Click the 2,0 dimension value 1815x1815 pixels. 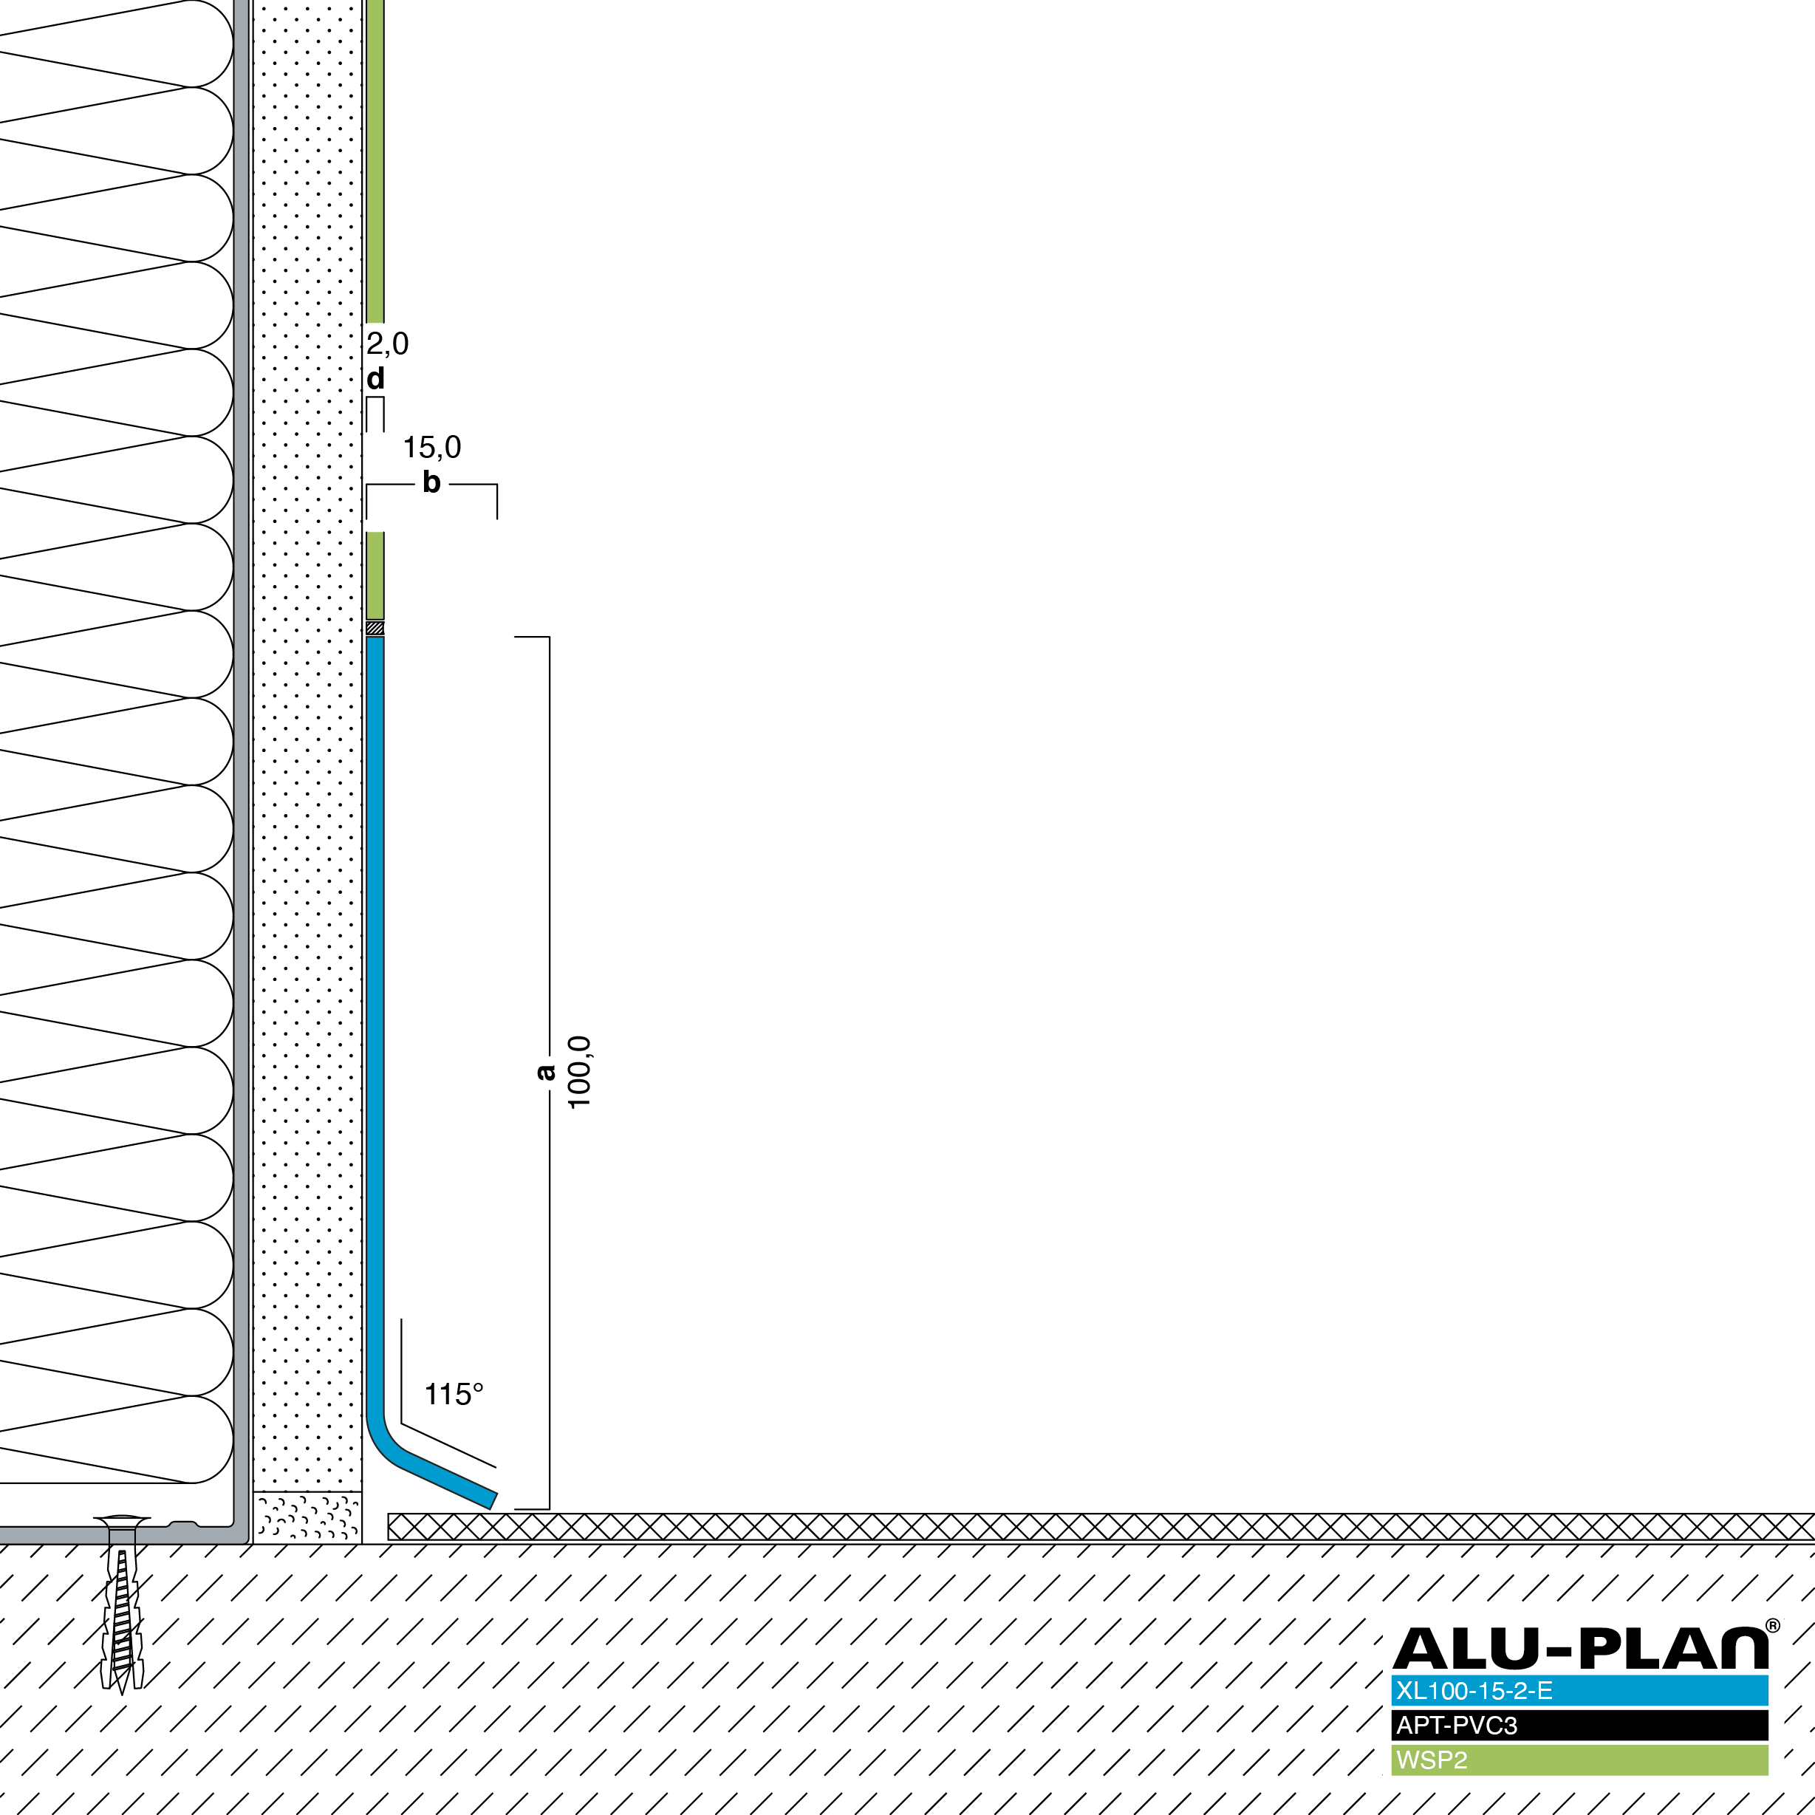pos(387,343)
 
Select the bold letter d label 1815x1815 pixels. pos(376,379)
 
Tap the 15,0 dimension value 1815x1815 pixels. pos(432,447)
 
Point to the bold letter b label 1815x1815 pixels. pos(431,482)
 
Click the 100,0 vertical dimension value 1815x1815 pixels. pos(580,1072)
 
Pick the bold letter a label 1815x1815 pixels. pos(545,1072)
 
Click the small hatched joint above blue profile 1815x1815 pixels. pos(375,628)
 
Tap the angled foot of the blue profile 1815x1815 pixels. pos(442,1475)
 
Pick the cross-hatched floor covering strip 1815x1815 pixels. pos(1101,1527)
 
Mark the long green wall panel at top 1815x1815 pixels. pos(375,160)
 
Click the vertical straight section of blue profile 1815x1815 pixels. pos(375,1024)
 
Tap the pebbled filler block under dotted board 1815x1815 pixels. pos(307,1517)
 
